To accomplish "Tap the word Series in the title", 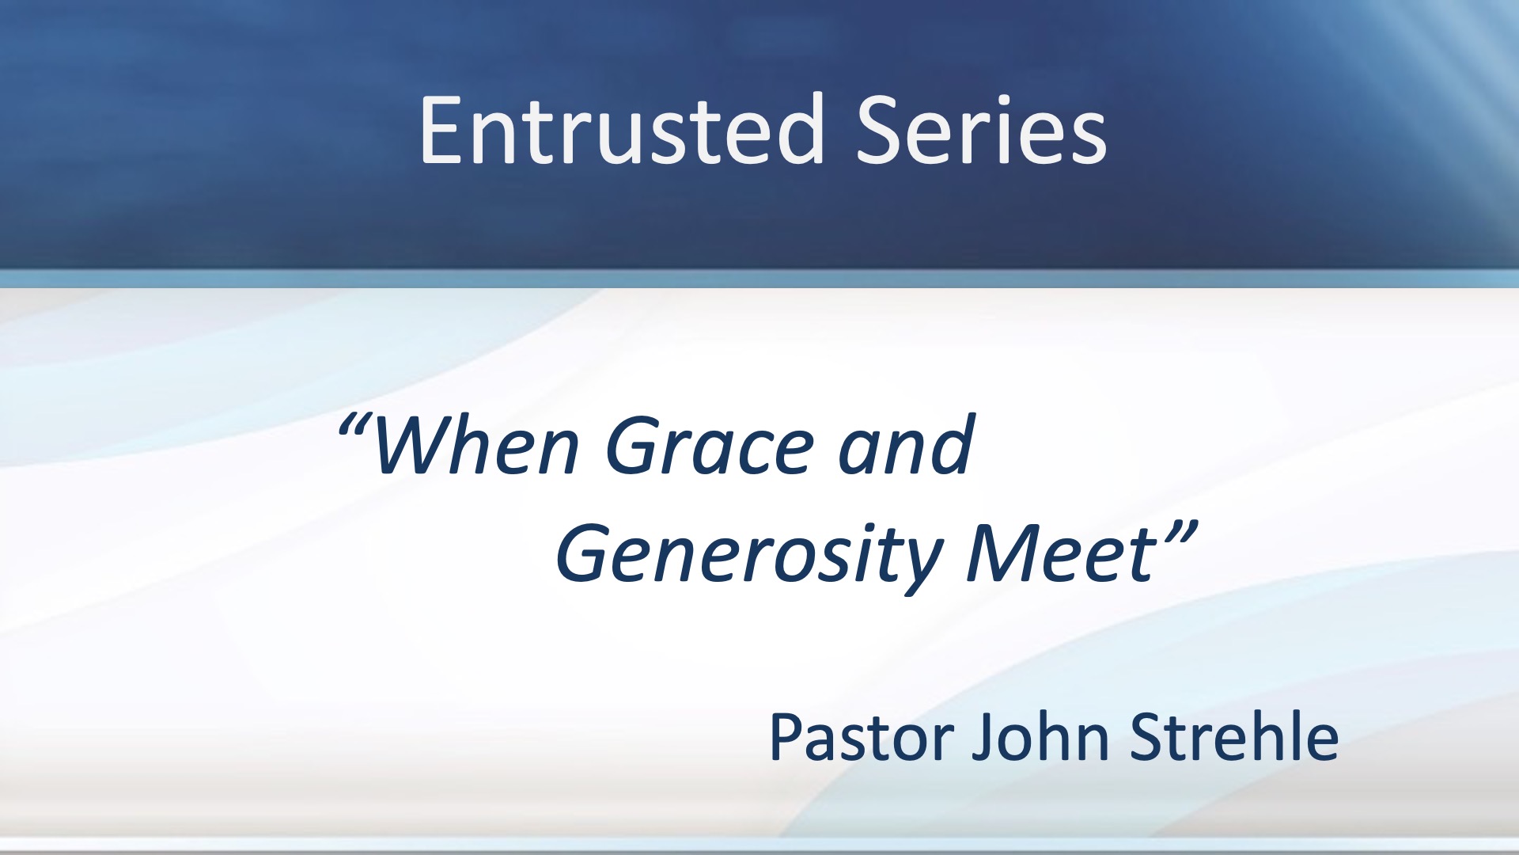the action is coord(981,130).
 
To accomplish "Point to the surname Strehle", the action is coord(1234,735).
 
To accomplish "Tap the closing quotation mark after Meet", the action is coord(1178,532).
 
